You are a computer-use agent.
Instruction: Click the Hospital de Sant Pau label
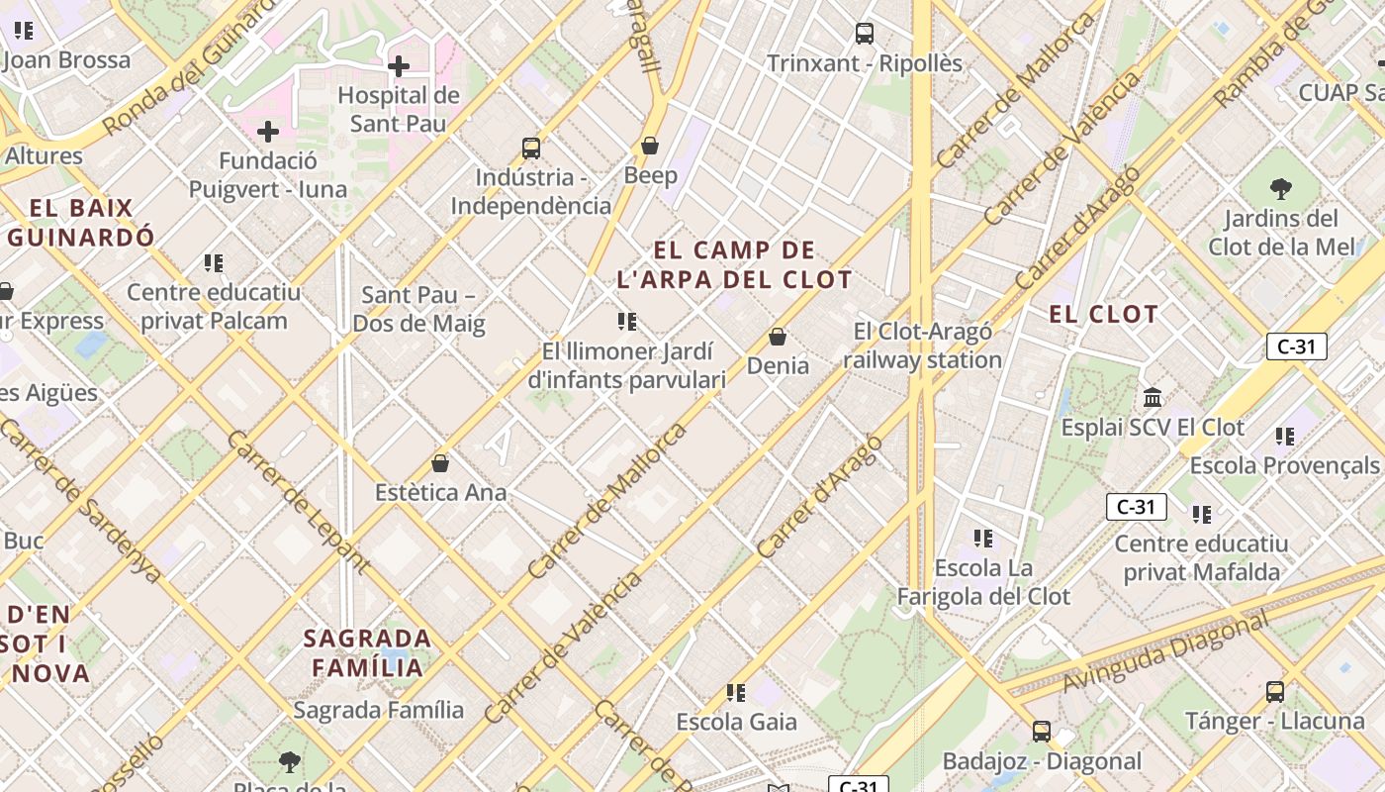tap(399, 110)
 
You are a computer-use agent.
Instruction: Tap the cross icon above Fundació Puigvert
tap(268, 132)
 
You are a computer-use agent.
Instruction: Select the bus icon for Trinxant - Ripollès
tap(865, 34)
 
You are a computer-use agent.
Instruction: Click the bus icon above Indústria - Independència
tap(531, 148)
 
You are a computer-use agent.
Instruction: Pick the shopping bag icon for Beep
tap(650, 146)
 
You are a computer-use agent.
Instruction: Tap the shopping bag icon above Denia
tap(778, 337)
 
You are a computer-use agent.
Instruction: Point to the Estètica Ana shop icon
tap(440, 463)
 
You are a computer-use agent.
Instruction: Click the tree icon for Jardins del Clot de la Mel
tap(1280, 188)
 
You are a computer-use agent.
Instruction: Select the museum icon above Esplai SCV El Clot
tap(1153, 398)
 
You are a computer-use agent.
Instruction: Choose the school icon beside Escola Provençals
tap(1285, 436)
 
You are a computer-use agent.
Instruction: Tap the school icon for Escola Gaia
tap(735, 692)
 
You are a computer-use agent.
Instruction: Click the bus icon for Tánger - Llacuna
tap(1275, 691)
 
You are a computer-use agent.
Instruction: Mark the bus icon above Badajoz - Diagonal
tap(1041, 732)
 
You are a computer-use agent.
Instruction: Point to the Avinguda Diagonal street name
tap(1165, 653)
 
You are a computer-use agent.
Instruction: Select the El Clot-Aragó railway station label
tap(922, 346)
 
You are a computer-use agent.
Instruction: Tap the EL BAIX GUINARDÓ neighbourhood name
tap(81, 223)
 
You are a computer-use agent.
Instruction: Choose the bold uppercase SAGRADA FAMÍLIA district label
tap(368, 652)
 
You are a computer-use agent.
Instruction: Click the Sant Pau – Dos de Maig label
tap(418, 309)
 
